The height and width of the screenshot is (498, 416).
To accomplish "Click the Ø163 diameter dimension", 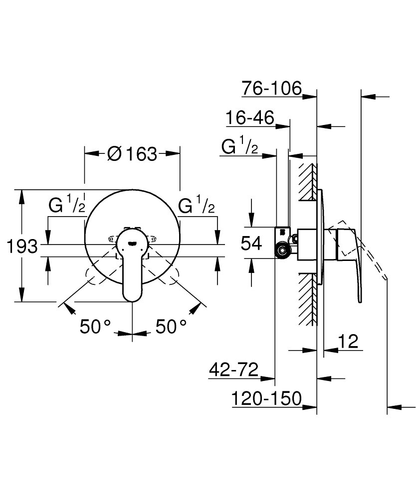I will click(132, 154).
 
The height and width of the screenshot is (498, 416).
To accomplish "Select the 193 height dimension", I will click(22, 246).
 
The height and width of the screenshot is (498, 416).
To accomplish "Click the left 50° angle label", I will click(95, 327).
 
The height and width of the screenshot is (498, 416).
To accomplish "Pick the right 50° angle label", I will click(171, 327).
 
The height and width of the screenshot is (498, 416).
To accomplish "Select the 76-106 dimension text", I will click(272, 89).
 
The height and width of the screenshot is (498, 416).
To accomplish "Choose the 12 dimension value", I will click(349, 342).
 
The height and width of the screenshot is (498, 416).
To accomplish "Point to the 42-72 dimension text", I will click(233, 371).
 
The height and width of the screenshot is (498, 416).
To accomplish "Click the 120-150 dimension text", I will click(267, 399).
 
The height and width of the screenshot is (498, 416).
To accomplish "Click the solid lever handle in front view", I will click(132, 264).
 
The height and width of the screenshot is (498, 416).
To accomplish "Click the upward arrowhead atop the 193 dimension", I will click(21, 195).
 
